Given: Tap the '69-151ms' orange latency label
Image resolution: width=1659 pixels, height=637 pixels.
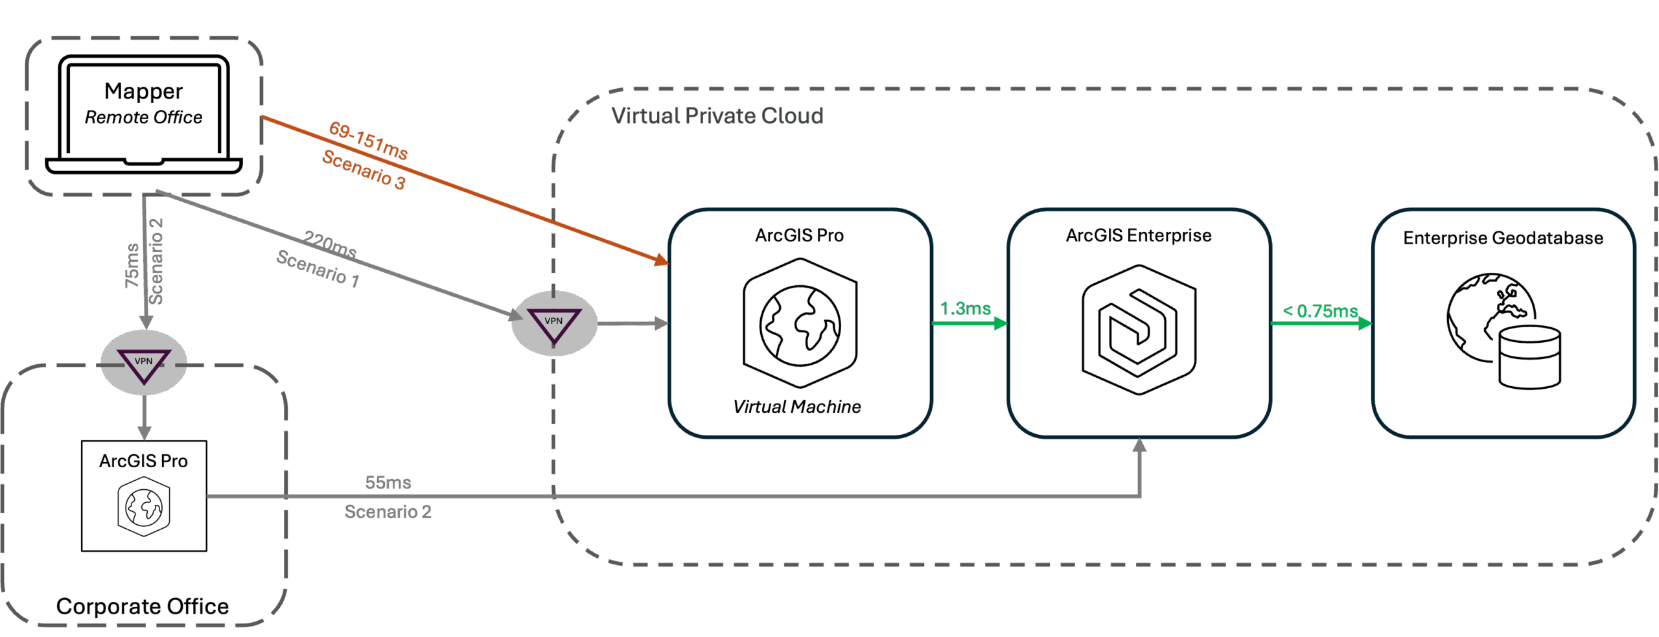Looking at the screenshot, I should [368, 140].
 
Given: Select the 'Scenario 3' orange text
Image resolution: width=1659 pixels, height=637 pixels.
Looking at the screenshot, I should [364, 170].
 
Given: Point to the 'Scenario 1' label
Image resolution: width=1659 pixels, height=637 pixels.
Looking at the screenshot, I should [318, 268].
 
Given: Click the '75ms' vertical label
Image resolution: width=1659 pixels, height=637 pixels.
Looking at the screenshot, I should [132, 266].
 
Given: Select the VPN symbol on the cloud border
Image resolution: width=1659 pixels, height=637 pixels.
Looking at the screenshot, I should [554, 323].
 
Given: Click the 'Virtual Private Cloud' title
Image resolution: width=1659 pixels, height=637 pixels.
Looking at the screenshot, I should [717, 116].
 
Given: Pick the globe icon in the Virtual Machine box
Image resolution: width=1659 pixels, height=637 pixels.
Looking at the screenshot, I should [800, 323].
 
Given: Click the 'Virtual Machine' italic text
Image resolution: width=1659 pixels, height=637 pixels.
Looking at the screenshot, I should [796, 407].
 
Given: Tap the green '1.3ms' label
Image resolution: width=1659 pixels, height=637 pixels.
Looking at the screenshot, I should [965, 308].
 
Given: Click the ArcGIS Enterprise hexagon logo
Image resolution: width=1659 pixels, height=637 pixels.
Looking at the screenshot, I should [1139, 329].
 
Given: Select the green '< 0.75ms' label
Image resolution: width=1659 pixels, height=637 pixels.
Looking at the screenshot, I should [1320, 311].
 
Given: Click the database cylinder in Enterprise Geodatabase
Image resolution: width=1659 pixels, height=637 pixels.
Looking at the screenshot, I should [1529, 358].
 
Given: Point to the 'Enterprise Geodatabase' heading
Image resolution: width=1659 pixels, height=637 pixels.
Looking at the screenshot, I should [1502, 238].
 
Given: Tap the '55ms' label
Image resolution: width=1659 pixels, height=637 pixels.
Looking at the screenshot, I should [388, 482].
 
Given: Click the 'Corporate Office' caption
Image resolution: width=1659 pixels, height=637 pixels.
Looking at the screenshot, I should [143, 607].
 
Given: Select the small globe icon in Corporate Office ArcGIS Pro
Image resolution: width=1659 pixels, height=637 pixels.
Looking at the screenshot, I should [144, 507].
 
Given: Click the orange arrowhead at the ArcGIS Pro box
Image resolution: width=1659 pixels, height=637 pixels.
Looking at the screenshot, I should [661, 260].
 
